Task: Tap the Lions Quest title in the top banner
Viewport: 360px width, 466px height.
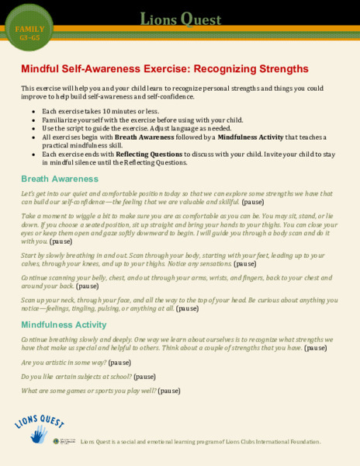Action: pos(179,17)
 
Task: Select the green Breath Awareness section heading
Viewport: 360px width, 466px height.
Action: pos(60,179)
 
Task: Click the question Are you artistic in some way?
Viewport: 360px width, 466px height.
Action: pos(64,363)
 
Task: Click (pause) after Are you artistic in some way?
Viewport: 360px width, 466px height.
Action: pos(119,363)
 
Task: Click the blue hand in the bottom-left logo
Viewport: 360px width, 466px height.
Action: pos(37,435)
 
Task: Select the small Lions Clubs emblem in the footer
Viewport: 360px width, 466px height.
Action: pos(56,441)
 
